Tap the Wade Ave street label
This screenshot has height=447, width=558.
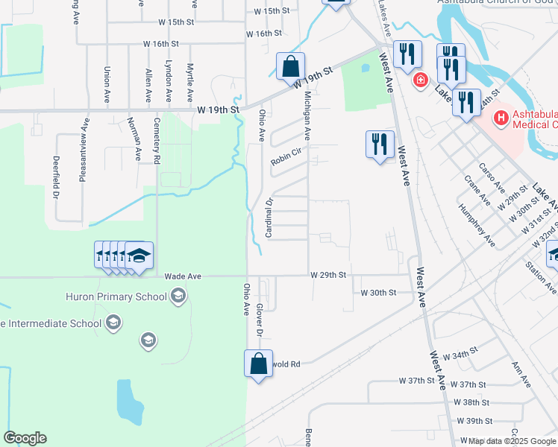pos(184,276)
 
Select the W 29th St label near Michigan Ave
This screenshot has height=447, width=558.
pos(329,275)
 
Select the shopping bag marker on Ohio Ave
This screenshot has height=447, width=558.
pos(258,364)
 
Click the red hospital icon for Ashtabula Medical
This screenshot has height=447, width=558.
pos(499,117)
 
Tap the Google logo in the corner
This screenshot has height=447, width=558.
pos(25,438)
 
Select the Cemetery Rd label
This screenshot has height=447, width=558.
pos(157,140)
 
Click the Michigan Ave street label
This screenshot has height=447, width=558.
pos(307,114)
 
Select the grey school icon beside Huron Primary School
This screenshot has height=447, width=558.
pos(178,297)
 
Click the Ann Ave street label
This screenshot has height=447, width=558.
pos(521,375)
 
